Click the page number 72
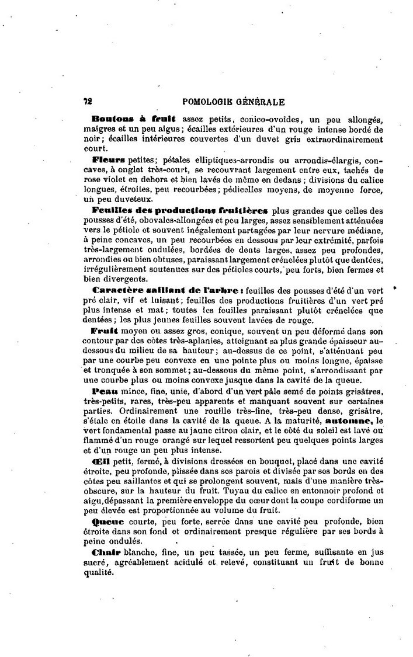pyautogui.click(x=88, y=100)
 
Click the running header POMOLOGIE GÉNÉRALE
pyautogui.click(x=234, y=101)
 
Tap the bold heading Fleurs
pyautogui.click(x=108, y=159)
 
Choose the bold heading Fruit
pyautogui.click(x=105, y=331)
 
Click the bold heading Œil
pyautogui.click(x=100, y=461)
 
